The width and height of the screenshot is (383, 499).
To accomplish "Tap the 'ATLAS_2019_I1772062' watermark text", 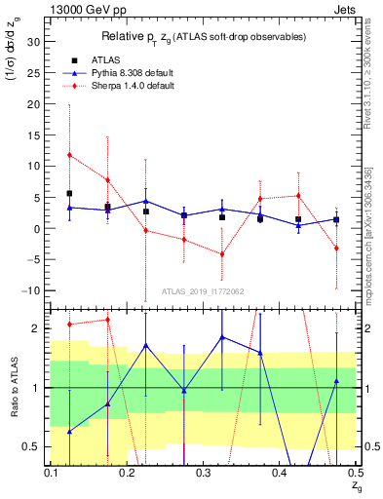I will point(202,290).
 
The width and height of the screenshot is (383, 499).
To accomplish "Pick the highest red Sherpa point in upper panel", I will point(69,155).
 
